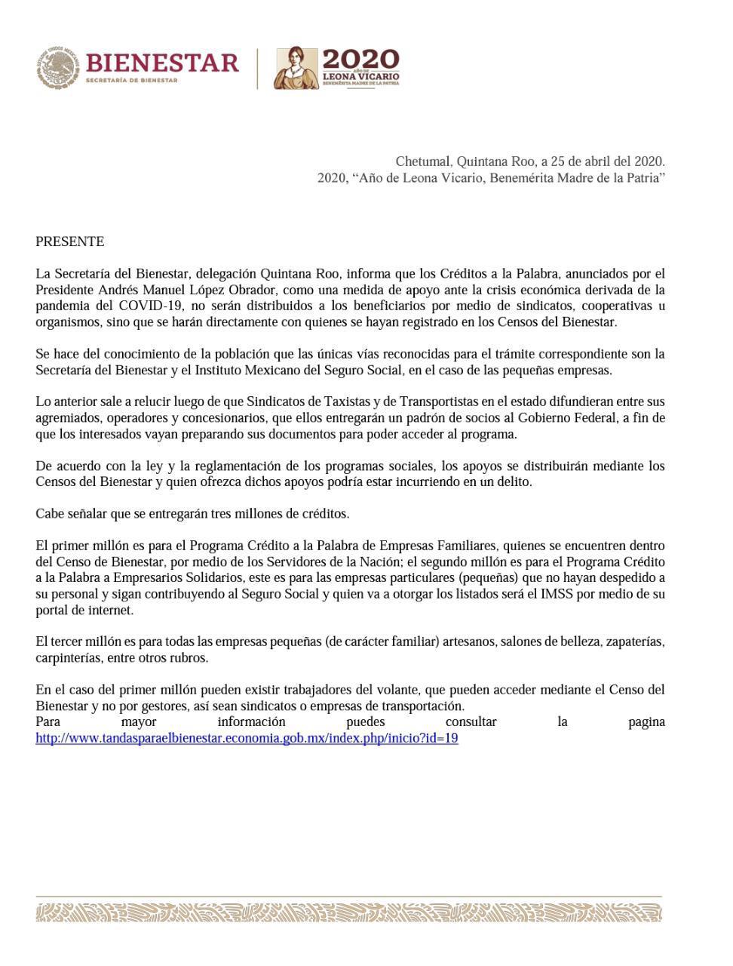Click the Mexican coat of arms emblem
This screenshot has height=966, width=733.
(57, 68)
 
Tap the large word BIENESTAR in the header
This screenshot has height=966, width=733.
(162, 62)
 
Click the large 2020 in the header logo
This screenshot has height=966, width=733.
(360, 59)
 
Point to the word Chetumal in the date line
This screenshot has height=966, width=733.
(423, 162)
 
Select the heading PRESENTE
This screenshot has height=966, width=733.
(69, 241)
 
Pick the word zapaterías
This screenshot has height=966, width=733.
(631, 642)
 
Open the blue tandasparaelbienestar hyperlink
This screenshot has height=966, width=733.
(247, 738)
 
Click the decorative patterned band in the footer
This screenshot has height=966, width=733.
(348, 913)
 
